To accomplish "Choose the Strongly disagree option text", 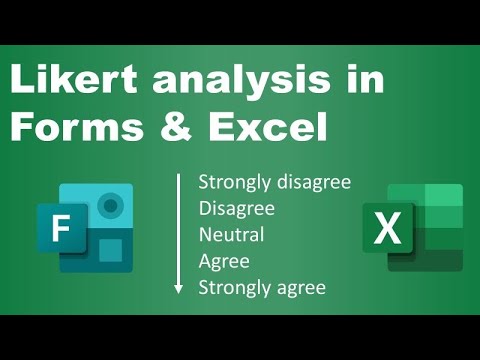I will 273,182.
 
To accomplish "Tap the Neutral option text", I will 231,235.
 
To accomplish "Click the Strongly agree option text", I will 261,288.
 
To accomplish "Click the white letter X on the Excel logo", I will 386,232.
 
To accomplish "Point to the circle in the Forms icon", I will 111,206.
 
